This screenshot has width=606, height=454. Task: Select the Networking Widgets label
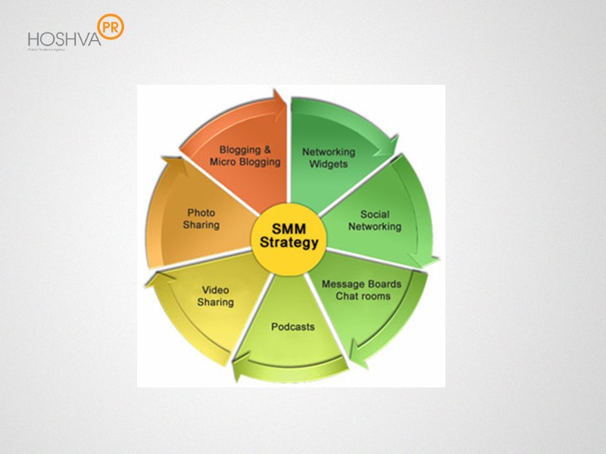(x=328, y=157)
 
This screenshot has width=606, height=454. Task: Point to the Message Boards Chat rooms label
(x=361, y=290)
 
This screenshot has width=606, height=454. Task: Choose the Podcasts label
(x=292, y=327)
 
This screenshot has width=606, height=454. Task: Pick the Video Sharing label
(x=215, y=296)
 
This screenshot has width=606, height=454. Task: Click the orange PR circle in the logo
(x=111, y=26)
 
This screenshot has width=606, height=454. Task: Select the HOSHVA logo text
(x=64, y=39)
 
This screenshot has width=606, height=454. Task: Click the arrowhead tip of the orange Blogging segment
(x=282, y=101)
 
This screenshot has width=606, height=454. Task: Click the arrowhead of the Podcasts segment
(x=239, y=370)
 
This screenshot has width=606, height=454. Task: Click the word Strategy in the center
(x=289, y=244)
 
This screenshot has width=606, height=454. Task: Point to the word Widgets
(x=328, y=163)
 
